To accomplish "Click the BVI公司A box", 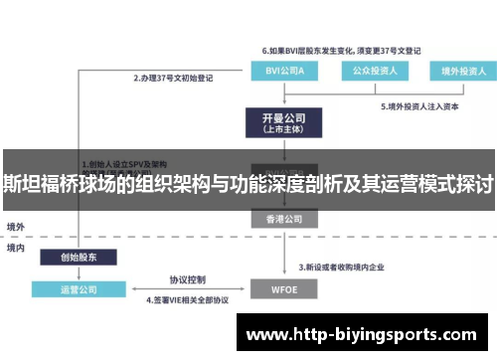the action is point(284,71).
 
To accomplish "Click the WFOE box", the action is point(284,289).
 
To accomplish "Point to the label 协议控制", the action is point(186,279).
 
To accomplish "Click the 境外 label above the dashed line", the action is point(16,227).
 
